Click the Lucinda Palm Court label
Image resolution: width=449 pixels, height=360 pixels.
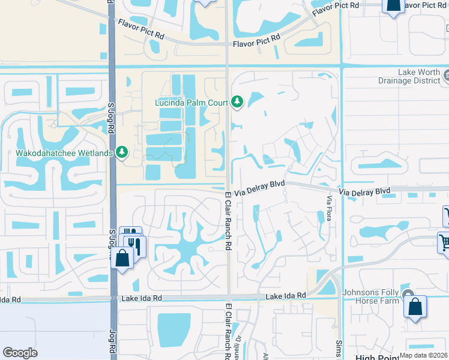tap(191, 103)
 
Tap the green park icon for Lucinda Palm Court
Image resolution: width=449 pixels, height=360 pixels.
tap(238, 102)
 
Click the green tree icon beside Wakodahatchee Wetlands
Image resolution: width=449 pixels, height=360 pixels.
tap(122, 152)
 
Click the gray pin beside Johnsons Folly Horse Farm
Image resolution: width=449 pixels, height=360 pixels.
tap(409, 293)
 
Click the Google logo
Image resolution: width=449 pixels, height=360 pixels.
tap(20, 353)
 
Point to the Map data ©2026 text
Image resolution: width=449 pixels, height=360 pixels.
tap(424, 355)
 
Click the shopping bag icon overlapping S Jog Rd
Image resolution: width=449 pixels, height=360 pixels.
tap(122, 259)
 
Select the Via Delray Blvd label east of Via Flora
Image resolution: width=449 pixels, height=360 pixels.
tap(364, 191)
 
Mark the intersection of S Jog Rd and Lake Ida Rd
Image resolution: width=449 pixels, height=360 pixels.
tap(113, 298)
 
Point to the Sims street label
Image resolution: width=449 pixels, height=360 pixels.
tap(339, 346)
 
